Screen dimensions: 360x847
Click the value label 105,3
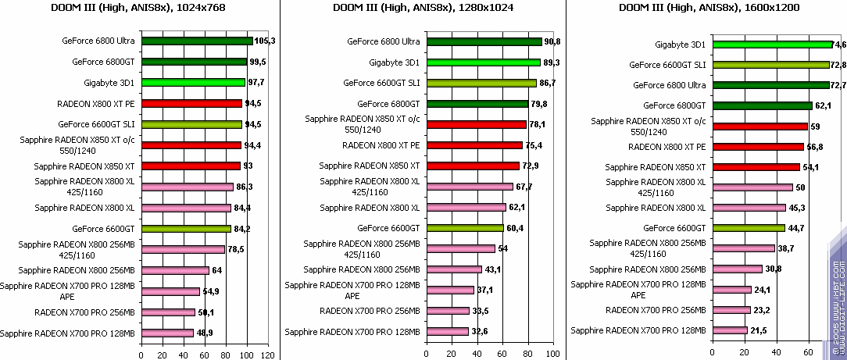point(266,41)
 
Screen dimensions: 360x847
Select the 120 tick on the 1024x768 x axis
point(267,355)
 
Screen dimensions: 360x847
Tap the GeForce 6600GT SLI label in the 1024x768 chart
point(97,124)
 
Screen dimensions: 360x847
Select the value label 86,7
point(548,83)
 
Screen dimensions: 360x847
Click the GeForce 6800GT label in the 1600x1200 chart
point(674,105)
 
